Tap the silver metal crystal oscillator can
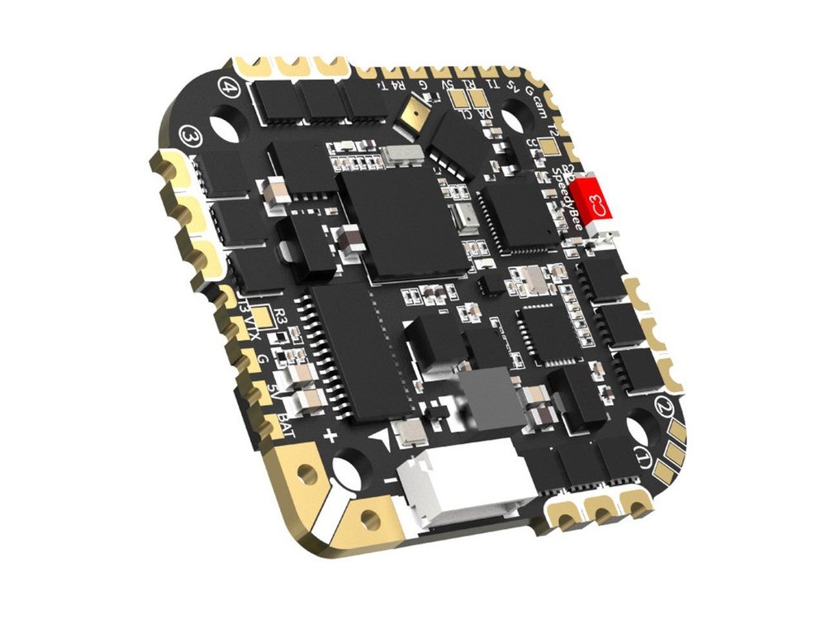(392, 154)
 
